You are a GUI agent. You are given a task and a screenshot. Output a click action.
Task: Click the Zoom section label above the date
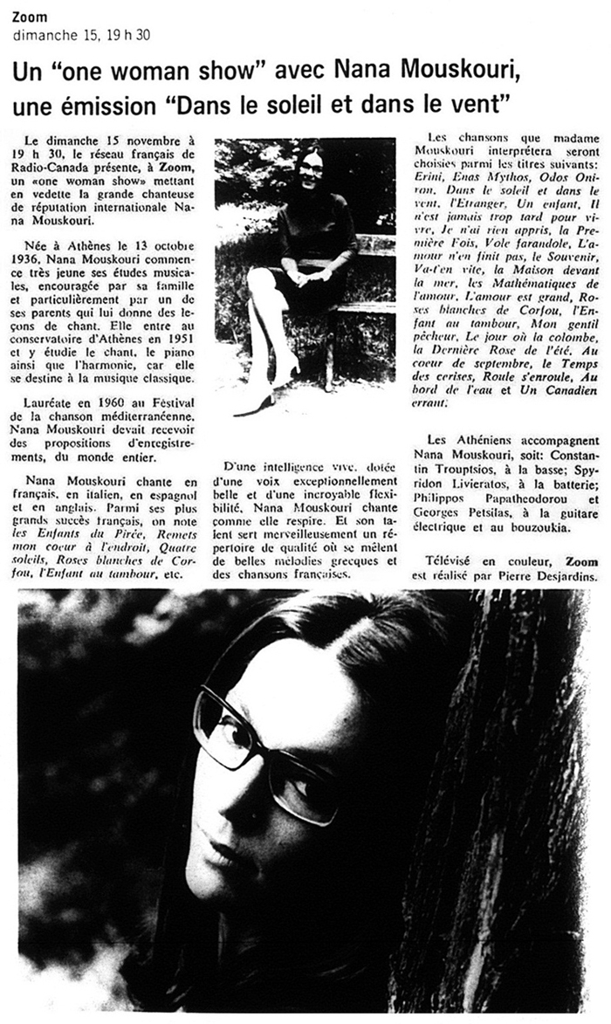coord(31,17)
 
